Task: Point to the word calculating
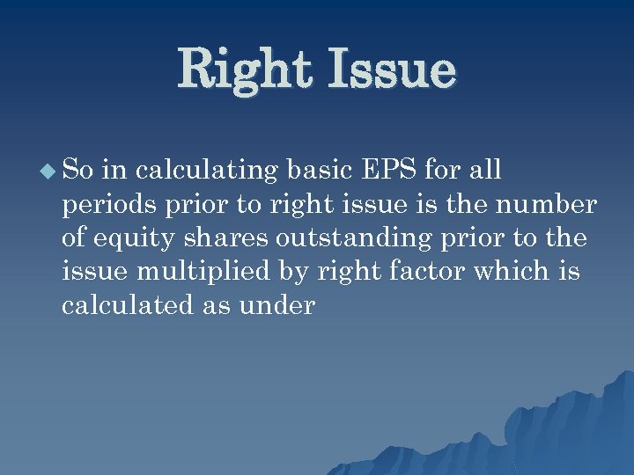pos(210,169)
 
